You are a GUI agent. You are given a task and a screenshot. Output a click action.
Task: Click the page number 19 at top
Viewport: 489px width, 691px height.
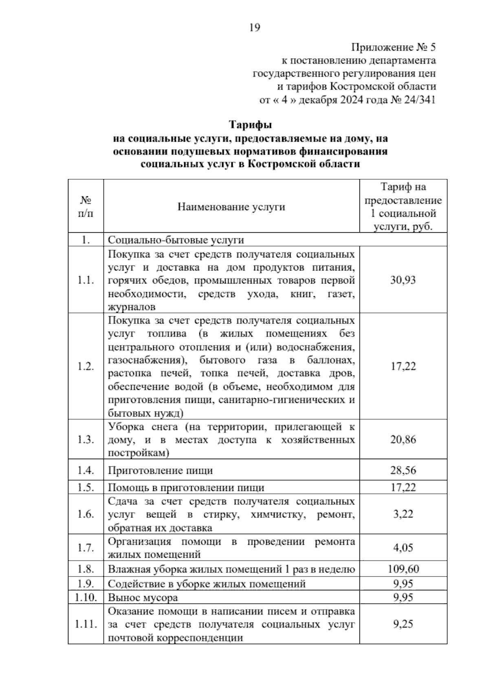coord(254,28)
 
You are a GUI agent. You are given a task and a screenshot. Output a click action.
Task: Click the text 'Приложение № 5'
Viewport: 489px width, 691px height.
coord(393,48)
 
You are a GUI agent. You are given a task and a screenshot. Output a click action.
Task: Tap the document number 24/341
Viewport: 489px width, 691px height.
coord(419,100)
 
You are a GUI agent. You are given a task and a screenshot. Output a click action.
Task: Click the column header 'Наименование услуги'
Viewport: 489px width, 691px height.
coord(231,207)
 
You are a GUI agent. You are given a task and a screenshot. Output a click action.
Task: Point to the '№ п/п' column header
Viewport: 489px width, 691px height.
coord(86,207)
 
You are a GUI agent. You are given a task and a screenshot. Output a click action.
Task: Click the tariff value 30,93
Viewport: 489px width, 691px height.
coord(403,280)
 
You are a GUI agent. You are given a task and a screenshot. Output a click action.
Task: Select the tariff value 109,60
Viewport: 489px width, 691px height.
coord(403,569)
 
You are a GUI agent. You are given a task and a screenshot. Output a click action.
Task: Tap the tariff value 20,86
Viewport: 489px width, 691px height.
coord(403,440)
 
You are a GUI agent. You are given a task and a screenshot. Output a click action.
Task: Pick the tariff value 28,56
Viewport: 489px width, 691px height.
coord(403,470)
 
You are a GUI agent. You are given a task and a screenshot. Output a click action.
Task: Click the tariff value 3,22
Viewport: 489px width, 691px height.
coord(403,514)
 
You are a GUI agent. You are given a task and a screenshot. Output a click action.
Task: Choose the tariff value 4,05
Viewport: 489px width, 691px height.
coord(403,547)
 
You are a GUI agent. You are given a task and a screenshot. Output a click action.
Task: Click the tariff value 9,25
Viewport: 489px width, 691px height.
coord(403,624)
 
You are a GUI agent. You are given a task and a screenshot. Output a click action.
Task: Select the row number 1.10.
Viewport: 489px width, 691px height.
coord(86,598)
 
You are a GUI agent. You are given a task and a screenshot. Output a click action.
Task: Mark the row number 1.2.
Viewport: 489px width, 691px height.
coord(86,366)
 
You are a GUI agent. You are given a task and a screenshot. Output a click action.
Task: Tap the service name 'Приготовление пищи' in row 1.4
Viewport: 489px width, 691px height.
coord(160,471)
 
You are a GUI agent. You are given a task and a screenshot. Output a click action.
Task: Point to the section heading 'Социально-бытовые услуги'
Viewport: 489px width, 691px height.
coord(176,240)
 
